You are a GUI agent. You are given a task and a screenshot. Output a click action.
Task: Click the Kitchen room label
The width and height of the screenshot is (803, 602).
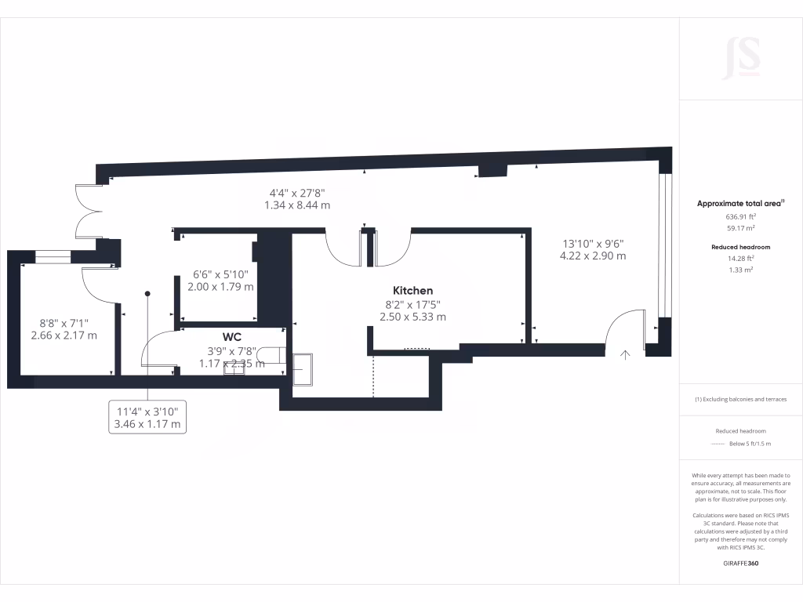tap(412, 291)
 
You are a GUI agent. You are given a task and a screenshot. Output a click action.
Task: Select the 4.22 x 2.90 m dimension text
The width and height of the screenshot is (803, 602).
tap(592, 256)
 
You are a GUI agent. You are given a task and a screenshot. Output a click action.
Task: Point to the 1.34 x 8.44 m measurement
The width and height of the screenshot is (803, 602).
tap(297, 205)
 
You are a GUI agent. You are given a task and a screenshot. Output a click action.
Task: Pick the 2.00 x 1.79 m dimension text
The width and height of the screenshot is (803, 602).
tap(220, 287)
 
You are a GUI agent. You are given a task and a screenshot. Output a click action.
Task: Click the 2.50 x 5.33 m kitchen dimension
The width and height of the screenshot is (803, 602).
tap(412, 317)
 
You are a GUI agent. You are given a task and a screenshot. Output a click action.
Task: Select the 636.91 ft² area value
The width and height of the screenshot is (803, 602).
tap(741, 217)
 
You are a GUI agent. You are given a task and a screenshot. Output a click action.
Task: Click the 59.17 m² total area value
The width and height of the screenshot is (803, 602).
tap(741, 228)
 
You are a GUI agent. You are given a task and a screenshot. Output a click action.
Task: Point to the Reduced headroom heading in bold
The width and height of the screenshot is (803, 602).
tap(741, 247)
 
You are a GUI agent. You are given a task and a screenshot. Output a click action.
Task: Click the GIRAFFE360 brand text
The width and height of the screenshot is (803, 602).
tap(741, 564)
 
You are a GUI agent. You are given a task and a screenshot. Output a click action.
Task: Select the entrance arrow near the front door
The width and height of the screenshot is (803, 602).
tap(625, 354)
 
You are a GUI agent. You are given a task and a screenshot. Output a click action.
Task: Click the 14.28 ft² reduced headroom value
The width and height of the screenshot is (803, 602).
tap(741, 258)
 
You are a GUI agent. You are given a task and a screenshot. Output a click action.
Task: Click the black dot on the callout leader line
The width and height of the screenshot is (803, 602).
tap(147, 293)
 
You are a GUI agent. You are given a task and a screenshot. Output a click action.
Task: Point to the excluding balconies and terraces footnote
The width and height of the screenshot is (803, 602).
tap(741, 399)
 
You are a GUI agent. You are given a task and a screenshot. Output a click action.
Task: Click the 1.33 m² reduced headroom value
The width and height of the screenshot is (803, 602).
tap(741, 269)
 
